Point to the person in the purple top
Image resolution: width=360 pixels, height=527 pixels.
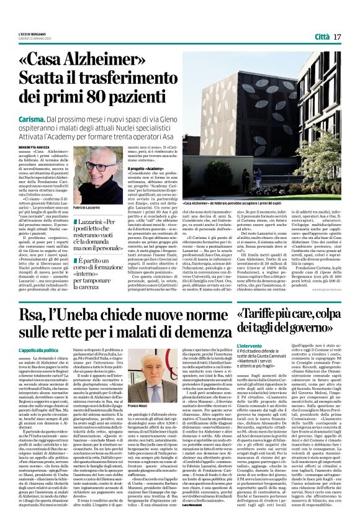point(258,178)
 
